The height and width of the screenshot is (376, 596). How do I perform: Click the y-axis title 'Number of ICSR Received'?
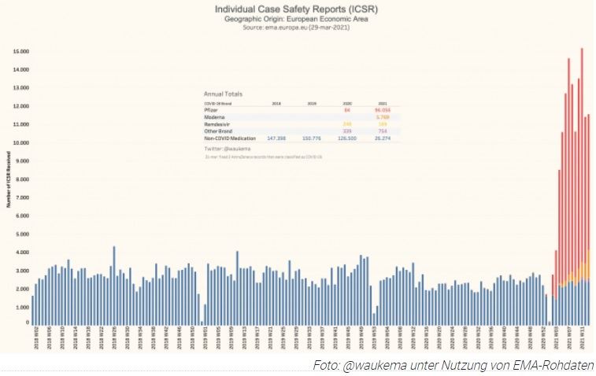point(8,182)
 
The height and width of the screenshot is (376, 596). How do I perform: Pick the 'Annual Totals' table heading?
point(223,94)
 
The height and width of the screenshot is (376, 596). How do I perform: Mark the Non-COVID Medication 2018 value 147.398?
point(276,138)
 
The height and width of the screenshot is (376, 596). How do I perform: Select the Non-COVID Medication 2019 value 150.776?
point(312,138)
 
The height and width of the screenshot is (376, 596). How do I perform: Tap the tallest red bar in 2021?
point(581,157)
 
